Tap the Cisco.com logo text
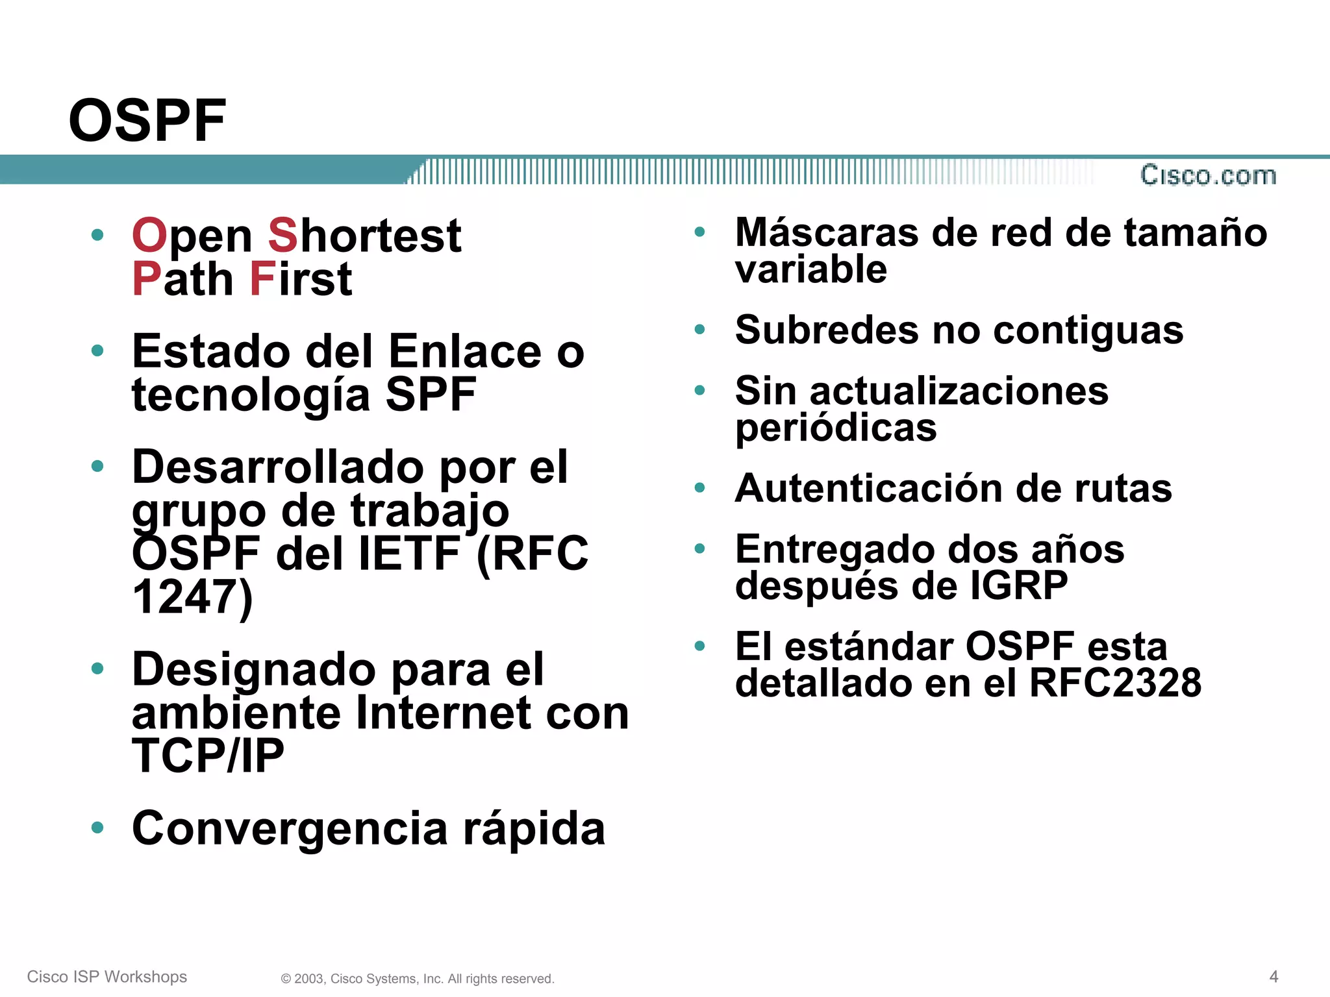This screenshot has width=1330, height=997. [x=1208, y=175]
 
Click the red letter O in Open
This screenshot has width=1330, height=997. [x=150, y=235]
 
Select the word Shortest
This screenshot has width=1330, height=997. [x=364, y=235]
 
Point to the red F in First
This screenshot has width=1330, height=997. [x=263, y=279]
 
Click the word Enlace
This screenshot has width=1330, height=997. [x=465, y=351]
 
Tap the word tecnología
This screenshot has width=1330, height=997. [x=251, y=396]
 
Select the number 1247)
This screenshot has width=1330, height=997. [x=192, y=597]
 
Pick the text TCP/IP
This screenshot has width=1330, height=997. [x=208, y=756]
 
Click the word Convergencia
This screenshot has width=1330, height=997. [x=290, y=829]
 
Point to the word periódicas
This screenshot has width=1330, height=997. [x=836, y=428]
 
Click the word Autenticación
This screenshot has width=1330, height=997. [x=869, y=488]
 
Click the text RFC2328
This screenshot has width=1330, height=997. [x=1115, y=683]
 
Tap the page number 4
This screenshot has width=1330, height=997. [x=1274, y=976]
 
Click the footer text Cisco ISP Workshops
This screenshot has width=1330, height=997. [x=107, y=977]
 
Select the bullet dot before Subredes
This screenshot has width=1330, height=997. [x=699, y=330]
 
